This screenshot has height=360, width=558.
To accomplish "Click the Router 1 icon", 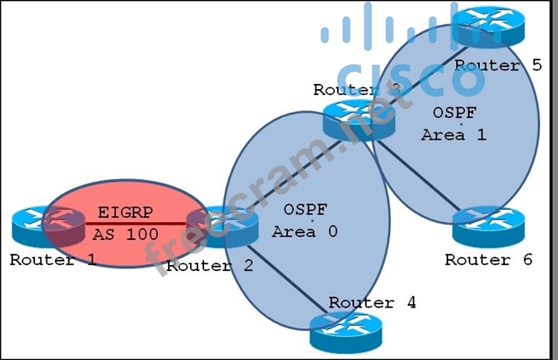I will pyautogui.click(x=39, y=228).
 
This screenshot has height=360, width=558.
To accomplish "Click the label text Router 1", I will pyautogui.click(x=53, y=260).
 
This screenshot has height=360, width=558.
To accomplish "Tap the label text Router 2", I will pyautogui.click(x=210, y=266).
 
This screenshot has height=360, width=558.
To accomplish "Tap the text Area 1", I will pyautogui.click(x=444, y=135).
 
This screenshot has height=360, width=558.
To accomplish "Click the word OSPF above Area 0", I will pyautogui.click(x=305, y=208).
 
